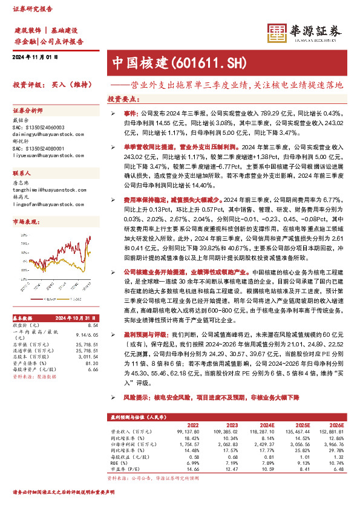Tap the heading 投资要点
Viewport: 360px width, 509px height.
123,98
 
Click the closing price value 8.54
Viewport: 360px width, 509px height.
93,325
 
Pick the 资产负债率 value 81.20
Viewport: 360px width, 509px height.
92,364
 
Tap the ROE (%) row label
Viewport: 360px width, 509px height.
121,462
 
